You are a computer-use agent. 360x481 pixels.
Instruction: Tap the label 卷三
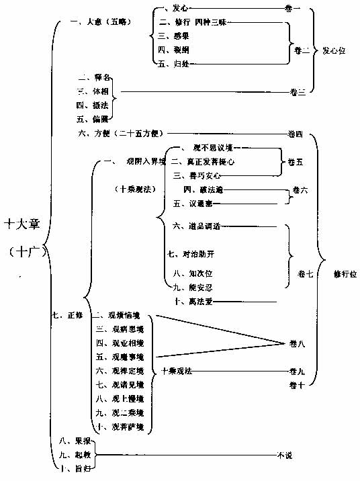[298, 92]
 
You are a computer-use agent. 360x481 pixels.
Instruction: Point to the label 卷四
[296, 134]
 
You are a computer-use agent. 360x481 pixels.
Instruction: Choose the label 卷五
[295, 162]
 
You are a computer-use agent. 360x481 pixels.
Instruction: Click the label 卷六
[300, 191]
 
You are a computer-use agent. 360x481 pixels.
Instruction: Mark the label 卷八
[297, 344]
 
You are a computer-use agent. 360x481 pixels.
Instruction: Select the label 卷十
[297, 384]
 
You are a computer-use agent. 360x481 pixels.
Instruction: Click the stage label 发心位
[334, 50]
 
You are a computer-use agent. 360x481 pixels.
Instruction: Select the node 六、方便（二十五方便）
[120, 134]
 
